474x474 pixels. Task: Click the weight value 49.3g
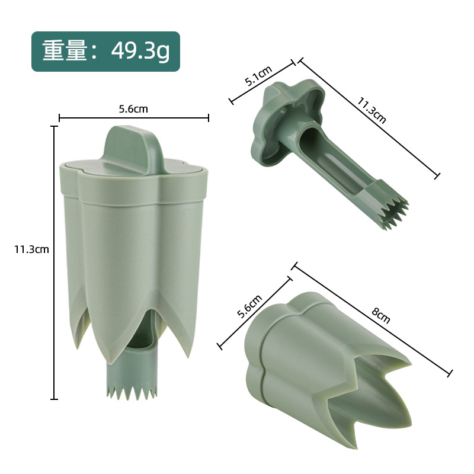pos(140,51)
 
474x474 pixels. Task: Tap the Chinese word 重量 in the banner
pos(65,50)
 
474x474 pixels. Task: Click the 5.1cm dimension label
pos(258,76)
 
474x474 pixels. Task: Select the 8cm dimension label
pos(380,316)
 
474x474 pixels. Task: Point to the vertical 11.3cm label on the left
pos(31,249)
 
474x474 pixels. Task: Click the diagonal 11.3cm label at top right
pos(371,110)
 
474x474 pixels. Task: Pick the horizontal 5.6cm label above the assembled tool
pos(133,109)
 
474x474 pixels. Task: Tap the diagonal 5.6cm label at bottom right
pos(249,307)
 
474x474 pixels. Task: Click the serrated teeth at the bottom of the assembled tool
pos(132,392)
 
